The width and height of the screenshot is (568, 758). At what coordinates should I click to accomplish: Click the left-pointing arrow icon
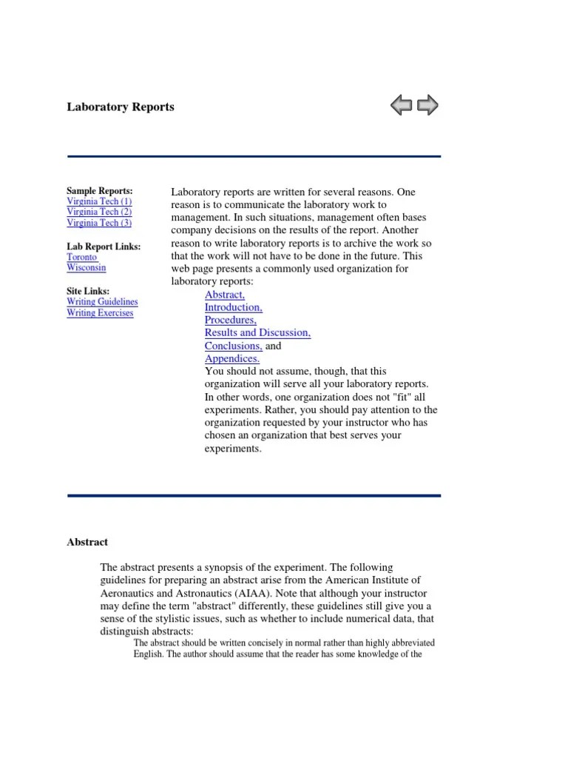(x=401, y=106)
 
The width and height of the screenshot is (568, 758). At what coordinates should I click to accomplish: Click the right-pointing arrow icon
(x=427, y=106)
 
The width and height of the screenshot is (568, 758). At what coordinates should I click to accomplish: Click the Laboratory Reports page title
(x=121, y=107)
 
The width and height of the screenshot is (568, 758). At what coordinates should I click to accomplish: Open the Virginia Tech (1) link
(x=99, y=201)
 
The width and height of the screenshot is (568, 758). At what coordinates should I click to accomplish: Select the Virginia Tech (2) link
(x=99, y=212)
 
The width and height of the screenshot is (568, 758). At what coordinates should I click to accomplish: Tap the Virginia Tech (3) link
(x=99, y=222)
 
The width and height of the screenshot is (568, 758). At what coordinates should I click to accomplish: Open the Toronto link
(x=81, y=257)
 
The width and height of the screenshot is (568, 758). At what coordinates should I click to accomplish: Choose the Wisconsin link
(x=86, y=267)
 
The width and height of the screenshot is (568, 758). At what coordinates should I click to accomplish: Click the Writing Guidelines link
(x=102, y=302)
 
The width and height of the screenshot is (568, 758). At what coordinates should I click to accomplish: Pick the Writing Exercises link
(x=100, y=312)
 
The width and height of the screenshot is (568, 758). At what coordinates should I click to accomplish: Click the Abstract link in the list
(x=225, y=295)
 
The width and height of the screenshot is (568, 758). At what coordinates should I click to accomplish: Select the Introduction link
(x=233, y=307)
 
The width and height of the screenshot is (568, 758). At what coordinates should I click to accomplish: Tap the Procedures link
(x=230, y=320)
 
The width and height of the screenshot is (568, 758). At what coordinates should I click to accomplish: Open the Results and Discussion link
(x=257, y=333)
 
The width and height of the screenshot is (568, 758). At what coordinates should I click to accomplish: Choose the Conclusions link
(x=233, y=346)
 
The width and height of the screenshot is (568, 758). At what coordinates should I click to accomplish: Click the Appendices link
(x=231, y=358)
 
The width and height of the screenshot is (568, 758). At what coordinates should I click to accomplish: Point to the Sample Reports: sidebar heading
(x=99, y=191)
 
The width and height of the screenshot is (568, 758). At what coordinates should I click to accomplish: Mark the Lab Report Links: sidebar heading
(x=104, y=246)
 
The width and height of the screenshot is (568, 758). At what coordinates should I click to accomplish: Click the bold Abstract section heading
(x=87, y=542)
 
